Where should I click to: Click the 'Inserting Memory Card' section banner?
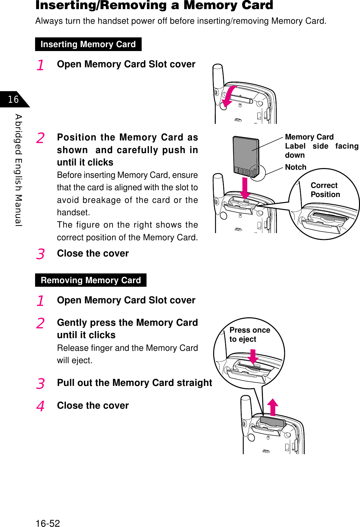point(88,44)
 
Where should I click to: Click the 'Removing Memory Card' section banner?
point(91,280)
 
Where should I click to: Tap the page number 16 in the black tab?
point(13,99)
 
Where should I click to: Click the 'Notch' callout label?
point(296,167)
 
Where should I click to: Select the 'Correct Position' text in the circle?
point(325,190)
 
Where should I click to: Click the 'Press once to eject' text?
point(250,335)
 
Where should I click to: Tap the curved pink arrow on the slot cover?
point(229,96)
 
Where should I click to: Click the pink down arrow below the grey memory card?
point(245,188)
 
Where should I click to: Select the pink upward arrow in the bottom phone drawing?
point(273,407)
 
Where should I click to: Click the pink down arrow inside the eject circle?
point(253,357)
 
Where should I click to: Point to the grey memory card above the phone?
point(246,155)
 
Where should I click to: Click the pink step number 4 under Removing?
point(40,406)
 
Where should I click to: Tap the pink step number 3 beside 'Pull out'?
point(40,384)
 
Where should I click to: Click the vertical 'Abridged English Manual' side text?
point(19,170)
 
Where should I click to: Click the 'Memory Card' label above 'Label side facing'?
point(309,137)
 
